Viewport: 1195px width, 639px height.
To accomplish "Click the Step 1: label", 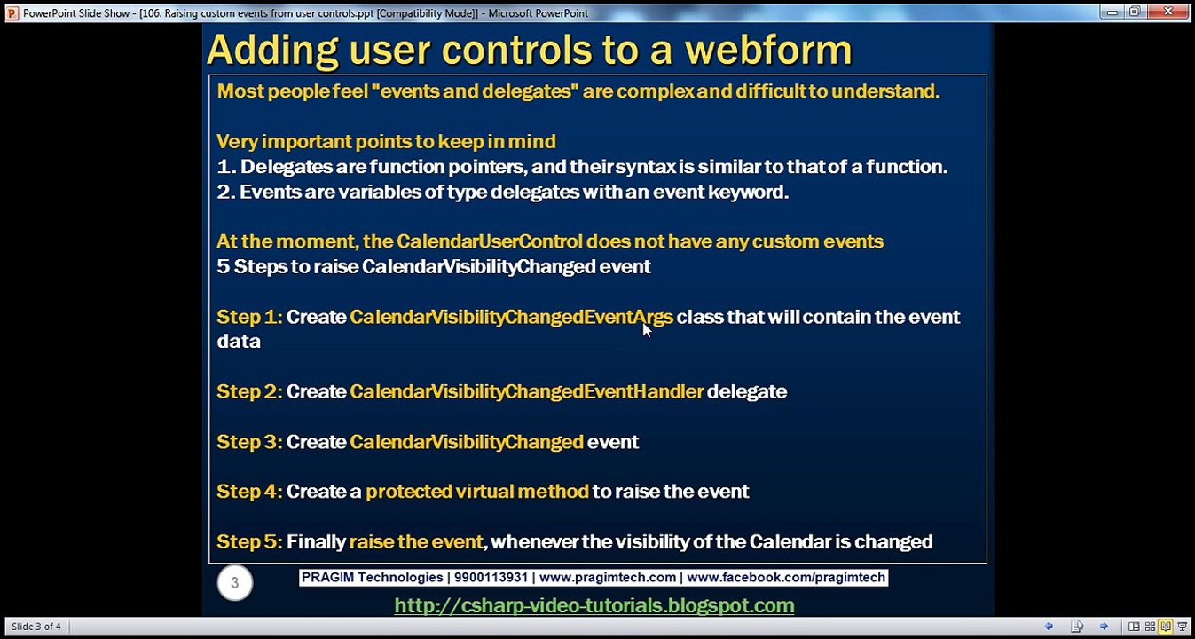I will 248,317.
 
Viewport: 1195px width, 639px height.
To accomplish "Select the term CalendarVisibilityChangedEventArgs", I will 511,317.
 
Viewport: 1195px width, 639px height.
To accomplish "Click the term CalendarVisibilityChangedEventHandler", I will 526,391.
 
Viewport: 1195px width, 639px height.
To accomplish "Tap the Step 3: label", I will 248,442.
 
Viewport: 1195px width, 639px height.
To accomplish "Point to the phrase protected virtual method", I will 476,492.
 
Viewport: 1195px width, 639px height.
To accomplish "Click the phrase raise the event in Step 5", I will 416,541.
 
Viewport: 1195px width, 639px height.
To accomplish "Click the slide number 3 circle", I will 234,583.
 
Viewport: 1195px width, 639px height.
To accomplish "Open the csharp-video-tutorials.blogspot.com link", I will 594,605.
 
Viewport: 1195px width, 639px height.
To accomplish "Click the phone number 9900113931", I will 491,578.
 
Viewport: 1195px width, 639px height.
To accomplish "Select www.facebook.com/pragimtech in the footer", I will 785,578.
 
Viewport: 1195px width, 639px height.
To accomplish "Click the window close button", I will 1167,12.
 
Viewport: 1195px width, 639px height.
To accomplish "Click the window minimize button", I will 1112,12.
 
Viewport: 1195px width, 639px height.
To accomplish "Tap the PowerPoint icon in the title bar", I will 12,13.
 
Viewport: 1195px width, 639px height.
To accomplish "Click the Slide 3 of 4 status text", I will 36,627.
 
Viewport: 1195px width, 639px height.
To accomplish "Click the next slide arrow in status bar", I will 1104,627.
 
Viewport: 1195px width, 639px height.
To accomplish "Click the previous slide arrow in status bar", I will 1049,627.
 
